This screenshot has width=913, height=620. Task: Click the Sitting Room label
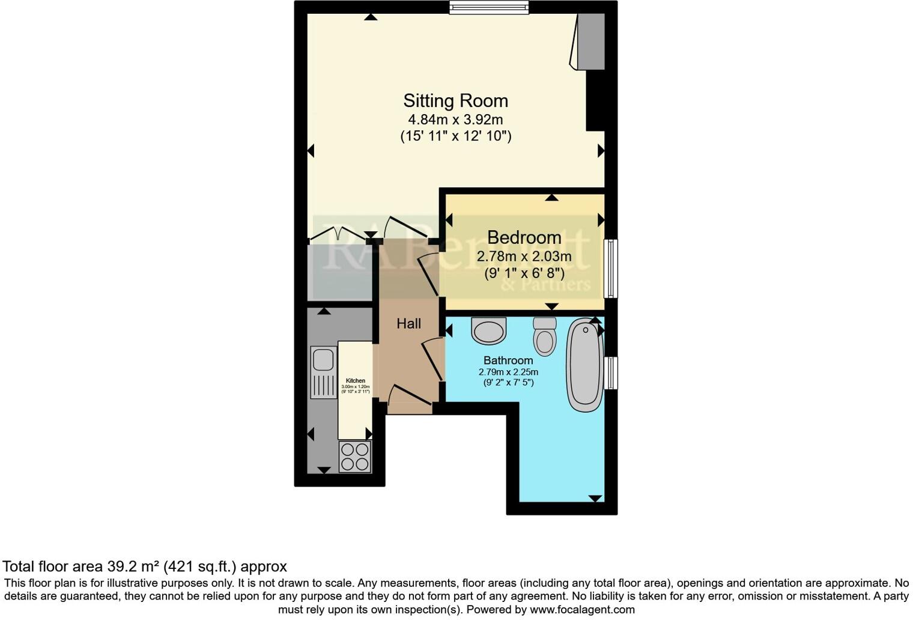point(455,100)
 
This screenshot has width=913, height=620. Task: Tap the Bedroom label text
point(524,237)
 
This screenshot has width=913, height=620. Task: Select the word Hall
point(408,324)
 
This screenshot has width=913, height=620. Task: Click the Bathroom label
point(508,360)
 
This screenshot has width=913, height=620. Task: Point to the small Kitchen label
point(356,380)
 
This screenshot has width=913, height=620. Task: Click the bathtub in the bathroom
point(584,365)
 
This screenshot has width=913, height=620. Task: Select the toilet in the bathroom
point(545,336)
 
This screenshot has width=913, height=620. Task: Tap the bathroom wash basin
point(488,330)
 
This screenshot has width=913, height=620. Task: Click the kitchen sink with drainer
point(323,372)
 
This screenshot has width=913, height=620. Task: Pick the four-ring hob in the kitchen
point(354,457)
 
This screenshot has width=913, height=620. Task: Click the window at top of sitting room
point(489,7)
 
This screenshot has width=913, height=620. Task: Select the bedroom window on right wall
point(610,269)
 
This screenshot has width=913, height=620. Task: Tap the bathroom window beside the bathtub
point(610,372)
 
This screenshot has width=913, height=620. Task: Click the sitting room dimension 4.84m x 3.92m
point(455,119)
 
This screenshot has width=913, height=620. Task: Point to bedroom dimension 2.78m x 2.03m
point(524,257)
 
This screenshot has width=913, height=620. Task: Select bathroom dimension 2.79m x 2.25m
point(508,372)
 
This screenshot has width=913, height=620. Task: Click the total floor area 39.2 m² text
point(144,566)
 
